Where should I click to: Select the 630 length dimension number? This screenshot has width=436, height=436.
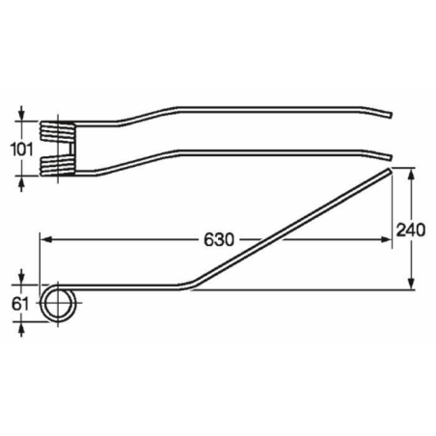tap(219, 239)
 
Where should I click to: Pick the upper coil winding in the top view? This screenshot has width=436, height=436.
tap(60, 126)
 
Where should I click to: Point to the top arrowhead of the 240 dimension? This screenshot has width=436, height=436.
tap(412, 177)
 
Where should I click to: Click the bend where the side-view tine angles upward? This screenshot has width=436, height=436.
tap(189, 286)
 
